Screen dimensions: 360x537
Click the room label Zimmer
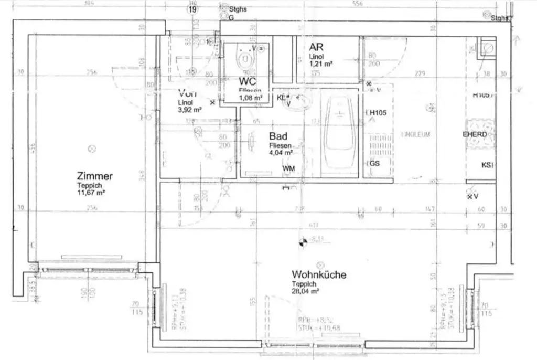(x=94, y=176)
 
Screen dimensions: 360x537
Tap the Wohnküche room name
(x=319, y=274)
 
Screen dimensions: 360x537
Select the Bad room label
(x=278, y=136)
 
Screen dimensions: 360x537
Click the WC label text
(x=247, y=81)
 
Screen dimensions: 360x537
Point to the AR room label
(x=316, y=47)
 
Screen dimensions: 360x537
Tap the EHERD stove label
(x=474, y=134)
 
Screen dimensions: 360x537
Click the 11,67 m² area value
(x=91, y=192)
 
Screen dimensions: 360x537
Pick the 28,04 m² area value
(x=306, y=290)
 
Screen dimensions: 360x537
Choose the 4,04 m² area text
(x=281, y=153)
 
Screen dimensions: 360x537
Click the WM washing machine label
(x=288, y=168)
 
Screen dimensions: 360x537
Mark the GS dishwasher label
(x=374, y=163)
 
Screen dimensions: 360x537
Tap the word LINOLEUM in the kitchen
(x=415, y=134)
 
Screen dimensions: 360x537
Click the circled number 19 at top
(x=194, y=9)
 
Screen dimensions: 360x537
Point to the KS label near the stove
(x=486, y=165)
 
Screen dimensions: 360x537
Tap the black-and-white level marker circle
(x=302, y=242)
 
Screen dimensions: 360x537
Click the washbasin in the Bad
(x=298, y=103)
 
